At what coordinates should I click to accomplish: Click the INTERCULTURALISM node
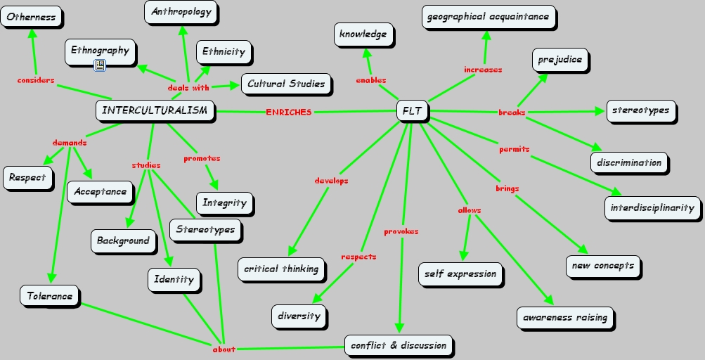(x=155, y=110)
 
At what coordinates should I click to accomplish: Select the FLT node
(x=412, y=111)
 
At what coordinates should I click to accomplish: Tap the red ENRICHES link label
(x=288, y=112)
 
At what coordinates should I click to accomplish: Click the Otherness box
(x=31, y=17)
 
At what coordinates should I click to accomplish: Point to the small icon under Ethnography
(x=99, y=65)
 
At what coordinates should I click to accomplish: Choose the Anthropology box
(x=181, y=12)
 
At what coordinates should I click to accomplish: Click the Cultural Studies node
(x=286, y=84)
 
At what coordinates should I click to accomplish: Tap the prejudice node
(x=560, y=60)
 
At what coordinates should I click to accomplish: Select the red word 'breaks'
(x=512, y=112)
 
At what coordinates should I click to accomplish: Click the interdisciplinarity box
(x=652, y=207)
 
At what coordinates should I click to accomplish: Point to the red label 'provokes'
(x=401, y=232)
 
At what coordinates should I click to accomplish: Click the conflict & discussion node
(x=399, y=345)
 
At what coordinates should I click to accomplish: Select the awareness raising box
(x=565, y=317)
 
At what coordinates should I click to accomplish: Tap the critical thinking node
(x=281, y=269)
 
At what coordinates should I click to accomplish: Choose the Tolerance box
(x=50, y=296)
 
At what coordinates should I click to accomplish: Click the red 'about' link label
(x=224, y=349)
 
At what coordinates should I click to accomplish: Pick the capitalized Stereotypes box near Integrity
(x=206, y=229)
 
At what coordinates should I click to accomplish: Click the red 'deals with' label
(x=188, y=88)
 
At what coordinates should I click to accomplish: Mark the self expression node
(x=460, y=274)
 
